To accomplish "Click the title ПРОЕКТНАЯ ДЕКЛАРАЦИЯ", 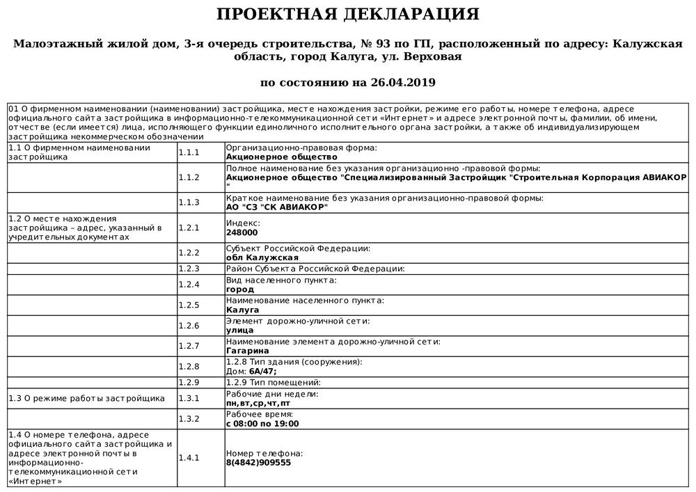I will (x=348, y=15).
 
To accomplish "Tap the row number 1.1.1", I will (x=189, y=152).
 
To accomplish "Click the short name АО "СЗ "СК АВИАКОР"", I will (x=277, y=207).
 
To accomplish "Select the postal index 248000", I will (x=242, y=232).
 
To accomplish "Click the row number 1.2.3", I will (x=189, y=269).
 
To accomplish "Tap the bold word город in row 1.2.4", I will (x=240, y=289).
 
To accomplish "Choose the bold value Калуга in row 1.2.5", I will (x=242, y=310).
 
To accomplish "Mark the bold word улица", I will (x=240, y=331).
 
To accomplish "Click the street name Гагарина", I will (x=248, y=351).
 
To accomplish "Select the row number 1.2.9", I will (x=189, y=382).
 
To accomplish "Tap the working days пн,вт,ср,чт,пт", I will (x=258, y=403).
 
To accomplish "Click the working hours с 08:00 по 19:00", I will (x=262, y=424).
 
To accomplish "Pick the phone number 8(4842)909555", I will (x=258, y=463).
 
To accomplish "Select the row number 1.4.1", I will (x=189, y=458).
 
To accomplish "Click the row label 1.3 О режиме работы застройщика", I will (x=86, y=398).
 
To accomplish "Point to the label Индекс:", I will (x=243, y=223).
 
